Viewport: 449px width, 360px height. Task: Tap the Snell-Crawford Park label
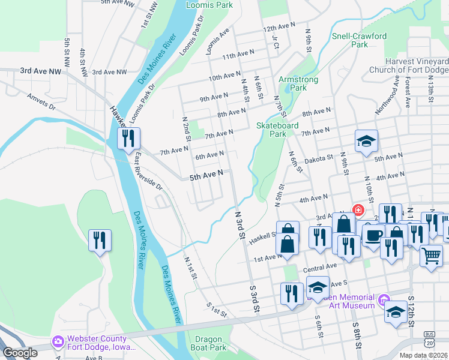coord(359,40)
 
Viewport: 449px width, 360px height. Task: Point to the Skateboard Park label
coord(277,130)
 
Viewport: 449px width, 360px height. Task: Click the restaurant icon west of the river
coord(100,240)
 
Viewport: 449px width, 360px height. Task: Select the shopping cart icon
coord(432,256)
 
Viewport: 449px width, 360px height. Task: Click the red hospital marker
coord(358,210)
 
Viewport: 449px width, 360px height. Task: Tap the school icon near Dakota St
coord(366,142)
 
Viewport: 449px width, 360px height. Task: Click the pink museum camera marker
coord(383,299)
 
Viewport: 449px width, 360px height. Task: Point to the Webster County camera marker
coord(58,342)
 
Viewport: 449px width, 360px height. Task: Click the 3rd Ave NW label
coord(41,71)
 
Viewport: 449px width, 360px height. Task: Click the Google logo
coord(20,353)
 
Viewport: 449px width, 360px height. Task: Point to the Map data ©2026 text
coord(423,355)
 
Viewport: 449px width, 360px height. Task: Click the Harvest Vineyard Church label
coord(417,65)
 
